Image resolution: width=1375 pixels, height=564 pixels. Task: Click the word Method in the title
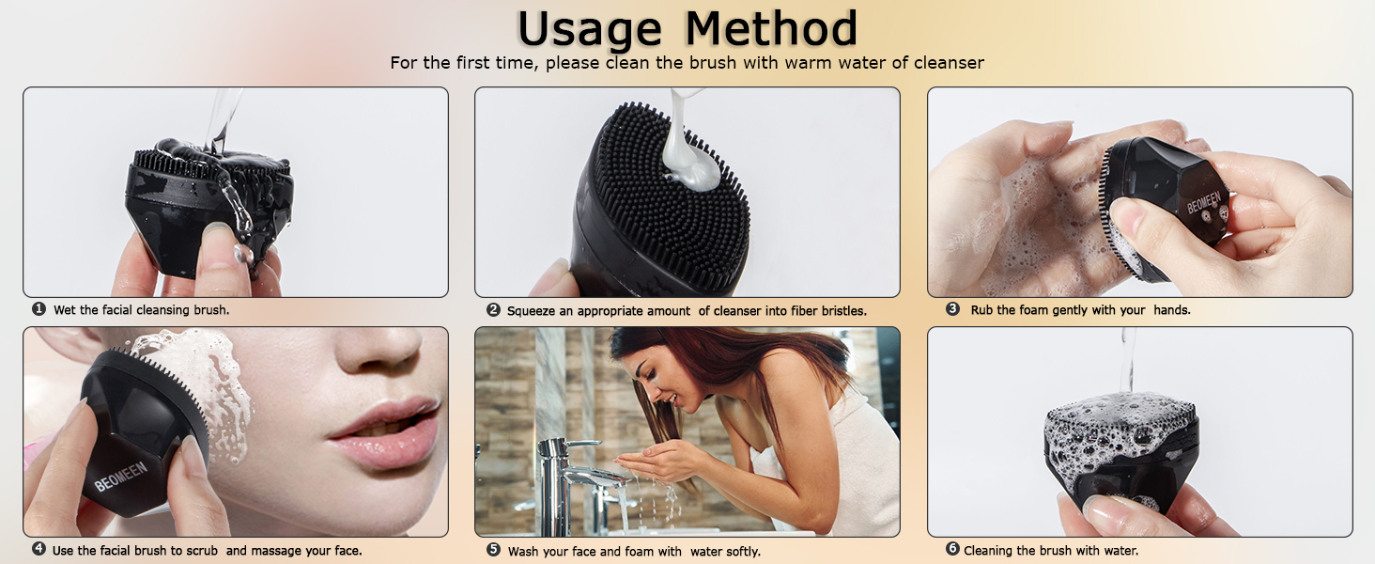[x=771, y=30]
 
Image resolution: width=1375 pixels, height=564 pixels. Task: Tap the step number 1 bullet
[x=39, y=309]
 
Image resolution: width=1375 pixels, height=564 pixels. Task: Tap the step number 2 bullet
[x=493, y=310]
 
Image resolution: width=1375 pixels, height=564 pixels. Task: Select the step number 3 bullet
[x=952, y=309]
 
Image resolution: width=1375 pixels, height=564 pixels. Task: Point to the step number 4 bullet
[x=39, y=549]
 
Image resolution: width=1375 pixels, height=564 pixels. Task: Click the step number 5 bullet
[x=493, y=550]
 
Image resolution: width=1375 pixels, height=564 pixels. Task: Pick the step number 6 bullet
[x=952, y=550]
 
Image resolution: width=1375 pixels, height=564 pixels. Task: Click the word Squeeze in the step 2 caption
[x=532, y=310]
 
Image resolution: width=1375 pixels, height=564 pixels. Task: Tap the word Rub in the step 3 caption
[x=981, y=309]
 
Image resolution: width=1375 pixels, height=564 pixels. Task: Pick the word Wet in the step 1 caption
[x=64, y=309]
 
